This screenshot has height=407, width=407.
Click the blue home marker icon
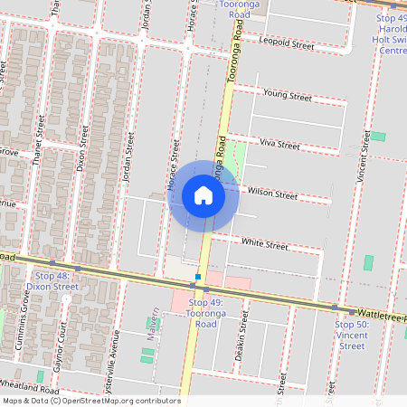click(203, 195)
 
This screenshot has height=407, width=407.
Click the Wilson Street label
click(272, 194)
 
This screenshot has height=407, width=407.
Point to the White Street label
click(264, 245)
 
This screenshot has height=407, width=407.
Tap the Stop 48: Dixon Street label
click(52, 280)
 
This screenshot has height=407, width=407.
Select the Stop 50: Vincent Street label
click(352, 335)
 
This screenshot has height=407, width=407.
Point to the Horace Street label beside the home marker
click(171, 168)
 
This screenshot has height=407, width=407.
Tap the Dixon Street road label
click(82, 149)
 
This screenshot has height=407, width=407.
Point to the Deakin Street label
click(241, 341)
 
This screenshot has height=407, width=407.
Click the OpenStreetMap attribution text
click(91, 401)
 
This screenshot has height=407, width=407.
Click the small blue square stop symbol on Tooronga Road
click(197, 276)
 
